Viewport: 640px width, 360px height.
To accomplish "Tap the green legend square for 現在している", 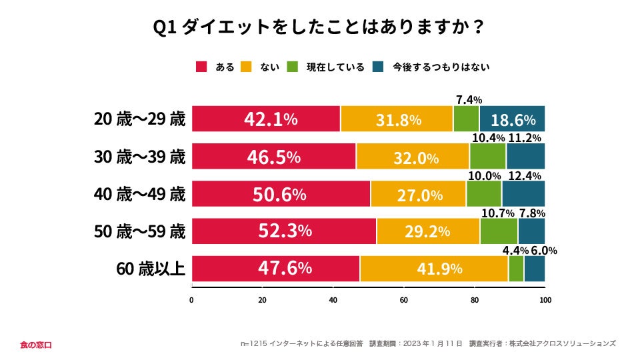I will pyautogui.click(x=293, y=67).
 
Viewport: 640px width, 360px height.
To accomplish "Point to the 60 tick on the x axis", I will pyautogui.click(x=403, y=299).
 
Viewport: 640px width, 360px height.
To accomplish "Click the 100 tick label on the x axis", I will pyautogui.click(x=545, y=299).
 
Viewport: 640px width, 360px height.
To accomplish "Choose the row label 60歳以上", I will pyautogui.click(x=150, y=269).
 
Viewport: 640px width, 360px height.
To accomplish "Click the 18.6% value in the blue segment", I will pyautogui.click(x=513, y=121).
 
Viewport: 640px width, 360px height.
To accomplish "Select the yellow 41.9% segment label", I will pyautogui.click(x=434, y=269).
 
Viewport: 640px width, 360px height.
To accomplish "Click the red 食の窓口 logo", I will pyautogui.click(x=35, y=345).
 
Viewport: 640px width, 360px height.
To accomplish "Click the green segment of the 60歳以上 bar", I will pyautogui.click(x=516, y=269).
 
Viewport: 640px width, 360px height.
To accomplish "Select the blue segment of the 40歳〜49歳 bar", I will pyautogui.click(x=523, y=194).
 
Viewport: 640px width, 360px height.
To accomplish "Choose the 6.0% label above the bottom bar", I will pyautogui.click(x=544, y=251).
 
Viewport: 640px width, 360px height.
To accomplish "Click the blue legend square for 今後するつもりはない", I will pyautogui.click(x=379, y=67).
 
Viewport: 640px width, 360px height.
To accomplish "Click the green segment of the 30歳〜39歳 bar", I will pyautogui.click(x=487, y=157).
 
